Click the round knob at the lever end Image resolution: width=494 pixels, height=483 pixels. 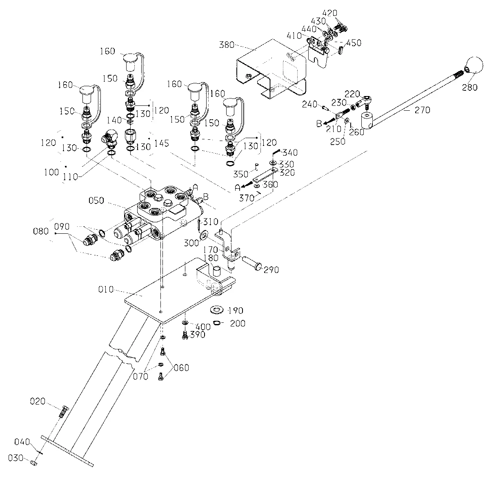click(475, 65)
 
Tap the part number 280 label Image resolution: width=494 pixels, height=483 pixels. click(470, 87)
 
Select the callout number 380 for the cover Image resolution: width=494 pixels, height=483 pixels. click(227, 45)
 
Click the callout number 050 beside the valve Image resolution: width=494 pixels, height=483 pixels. click(96, 201)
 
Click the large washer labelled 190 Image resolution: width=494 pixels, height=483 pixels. click(217, 310)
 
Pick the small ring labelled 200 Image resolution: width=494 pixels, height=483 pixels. click(217, 323)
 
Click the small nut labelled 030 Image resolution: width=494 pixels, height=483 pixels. click(34, 463)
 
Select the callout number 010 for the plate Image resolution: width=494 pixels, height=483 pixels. click(106, 289)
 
